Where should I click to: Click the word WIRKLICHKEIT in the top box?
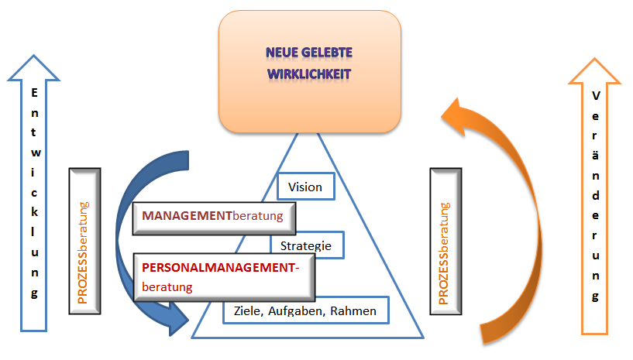click(309, 75)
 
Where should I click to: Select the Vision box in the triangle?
click(304, 187)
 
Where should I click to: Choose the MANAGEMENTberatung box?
click(214, 218)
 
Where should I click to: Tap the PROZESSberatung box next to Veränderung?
click(445, 241)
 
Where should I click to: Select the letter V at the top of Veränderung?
click(595, 96)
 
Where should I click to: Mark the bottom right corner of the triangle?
click(424, 338)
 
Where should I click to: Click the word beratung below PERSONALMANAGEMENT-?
click(167, 286)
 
